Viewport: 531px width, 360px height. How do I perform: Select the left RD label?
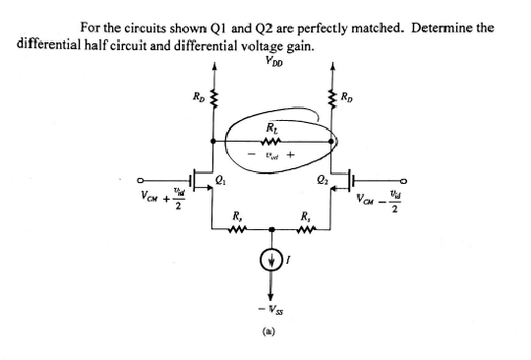[x=198, y=95]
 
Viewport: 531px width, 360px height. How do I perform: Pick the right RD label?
[x=349, y=95]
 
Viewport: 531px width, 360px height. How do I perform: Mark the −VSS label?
[x=271, y=307]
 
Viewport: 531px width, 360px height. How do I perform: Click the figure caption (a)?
[x=271, y=333]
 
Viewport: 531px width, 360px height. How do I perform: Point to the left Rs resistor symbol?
[x=236, y=233]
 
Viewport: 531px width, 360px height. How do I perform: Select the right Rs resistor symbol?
[x=307, y=233]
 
